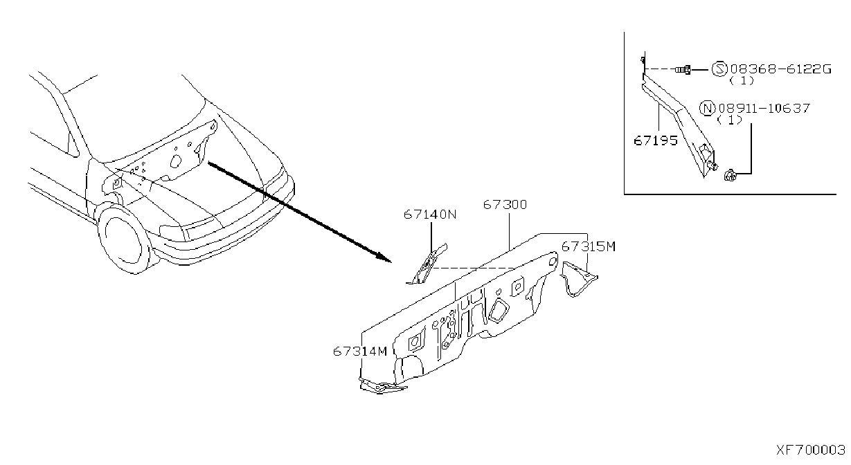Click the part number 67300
pyautogui.click(x=505, y=205)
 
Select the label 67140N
pyautogui.click(x=430, y=215)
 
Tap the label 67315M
pyautogui.click(x=588, y=247)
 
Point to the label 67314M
pyautogui.click(x=360, y=351)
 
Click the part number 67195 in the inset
pyautogui.click(x=656, y=141)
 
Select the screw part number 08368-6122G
pyautogui.click(x=780, y=69)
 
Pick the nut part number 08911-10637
pyautogui.click(x=764, y=108)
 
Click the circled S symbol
pyautogui.click(x=719, y=69)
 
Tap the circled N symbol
pyautogui.click(x=707, y=108)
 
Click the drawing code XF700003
pyautogui.click(x=810, y=450)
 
